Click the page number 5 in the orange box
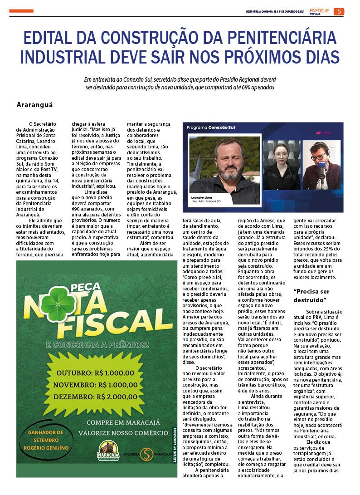coord(339,11)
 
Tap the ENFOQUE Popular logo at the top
coord(320,11)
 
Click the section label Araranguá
coord(34,104)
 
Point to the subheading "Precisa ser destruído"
coord(312,295)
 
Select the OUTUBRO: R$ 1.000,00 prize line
coord(95,373)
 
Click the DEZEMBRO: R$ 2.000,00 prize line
coord(95,396)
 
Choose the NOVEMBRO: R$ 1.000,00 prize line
coord(95,385)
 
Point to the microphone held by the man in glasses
coord(321,172)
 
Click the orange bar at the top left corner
coord(21,11)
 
